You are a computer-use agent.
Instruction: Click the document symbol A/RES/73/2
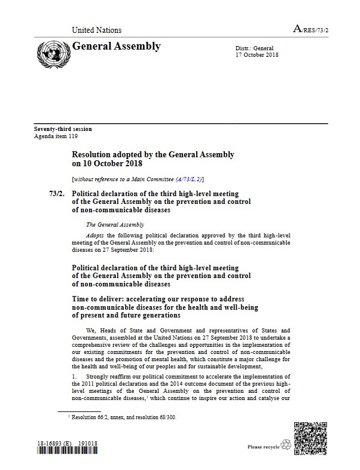point(311,29)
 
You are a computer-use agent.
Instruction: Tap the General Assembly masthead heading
point(116,47)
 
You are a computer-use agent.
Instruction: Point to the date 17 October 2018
point(258,55)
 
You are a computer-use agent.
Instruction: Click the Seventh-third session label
point(63,129)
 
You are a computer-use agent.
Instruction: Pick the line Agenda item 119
point(56,136)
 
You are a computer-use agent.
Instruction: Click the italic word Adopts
point(94,236)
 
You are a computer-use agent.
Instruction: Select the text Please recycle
point(263,447)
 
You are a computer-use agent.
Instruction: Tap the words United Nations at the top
point(96,30)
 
